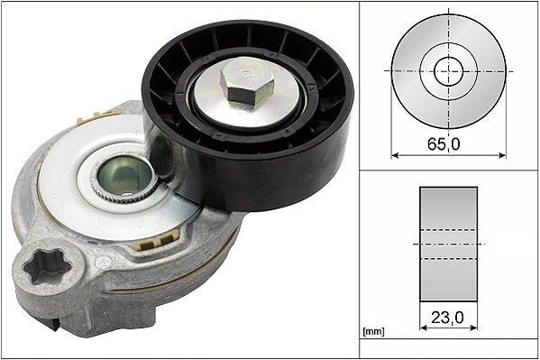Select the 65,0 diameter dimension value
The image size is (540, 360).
(447, 143)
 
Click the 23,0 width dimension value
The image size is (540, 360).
(448, 318)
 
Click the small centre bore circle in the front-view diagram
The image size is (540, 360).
(447, 69)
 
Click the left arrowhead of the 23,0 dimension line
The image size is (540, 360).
(422, 328)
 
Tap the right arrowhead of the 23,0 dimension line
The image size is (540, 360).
(475, 328)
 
